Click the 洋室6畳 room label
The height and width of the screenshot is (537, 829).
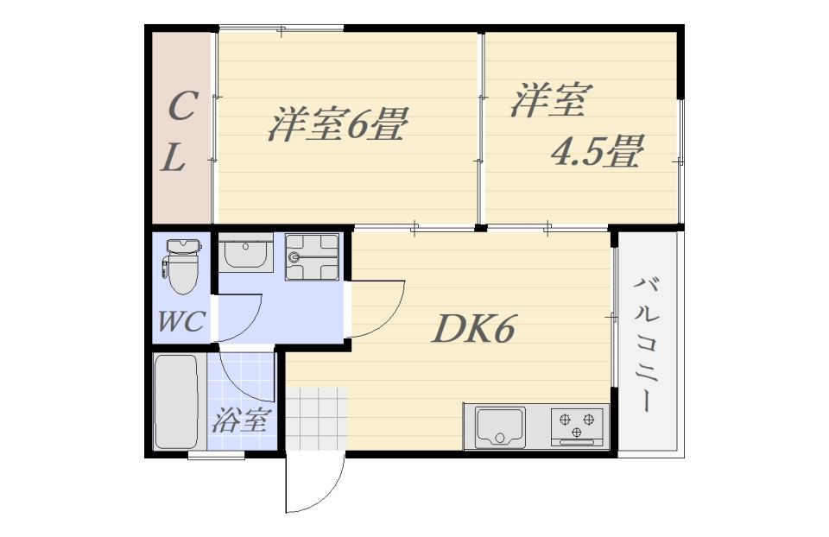[337, 126]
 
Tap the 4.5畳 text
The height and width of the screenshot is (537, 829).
[598, 153]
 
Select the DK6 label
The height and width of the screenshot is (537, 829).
[474, 329]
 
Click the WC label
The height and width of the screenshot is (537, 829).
[181, 322]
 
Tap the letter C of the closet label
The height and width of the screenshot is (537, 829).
[180, 108]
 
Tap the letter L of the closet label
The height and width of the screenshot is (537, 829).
[176, 158]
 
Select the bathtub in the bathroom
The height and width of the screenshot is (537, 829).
[177, 401]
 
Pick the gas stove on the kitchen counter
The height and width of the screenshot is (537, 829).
[578, 426]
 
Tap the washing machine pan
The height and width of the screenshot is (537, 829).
[313, 256]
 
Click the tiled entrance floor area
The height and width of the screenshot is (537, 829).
[316, 420]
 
